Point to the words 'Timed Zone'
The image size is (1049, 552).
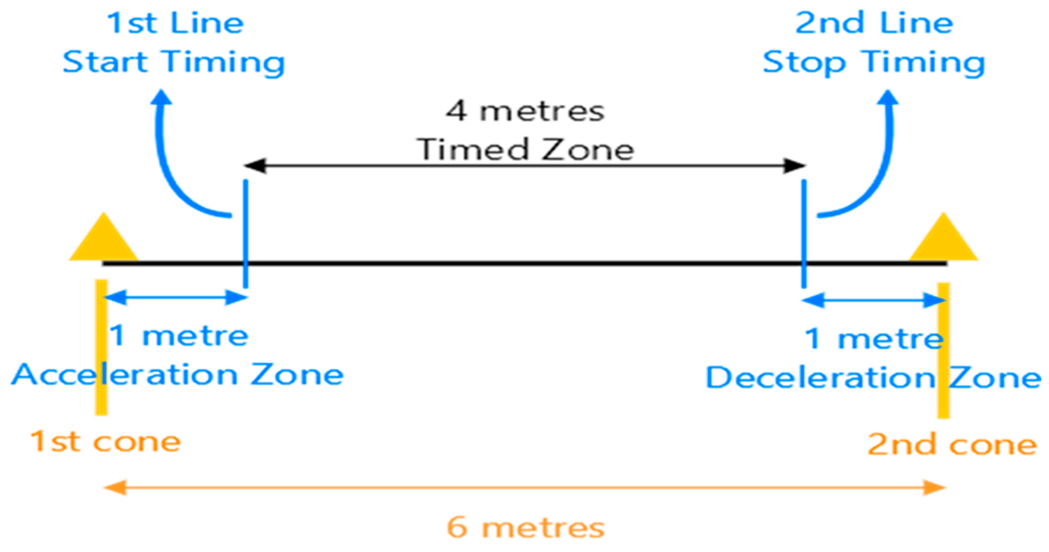coord(525,149)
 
